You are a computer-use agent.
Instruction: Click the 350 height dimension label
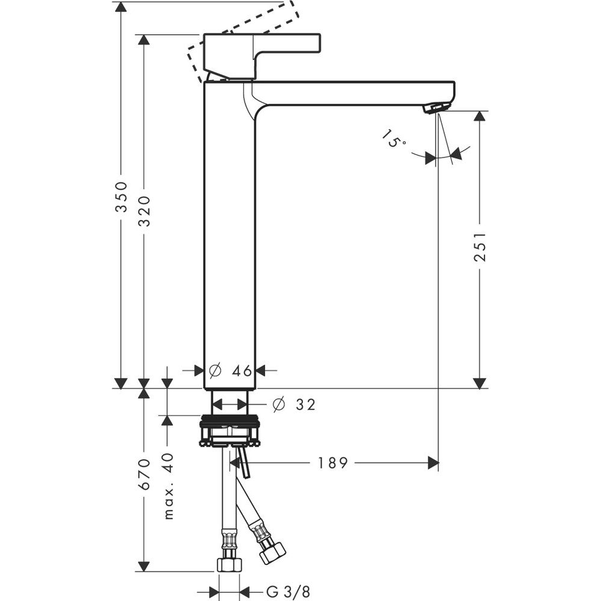pyautogui.click(x=122, y=197)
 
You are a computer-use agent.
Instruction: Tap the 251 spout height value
pyautogui.click(x=480, y=247)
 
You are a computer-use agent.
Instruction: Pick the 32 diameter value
pyautogui.click(x=305, y=404)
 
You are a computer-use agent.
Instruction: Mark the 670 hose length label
pyautogui.click(x=144, y=475)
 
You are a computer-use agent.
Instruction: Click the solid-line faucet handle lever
pyautogui.click(x=262, y=52)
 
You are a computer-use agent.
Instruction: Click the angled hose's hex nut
pyautogui.click(x=272, y=552)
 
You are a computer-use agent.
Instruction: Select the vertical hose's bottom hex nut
pyautogui.click(x=229, y=564)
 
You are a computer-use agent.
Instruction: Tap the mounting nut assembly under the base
pyautogui.click(x=229, y=432)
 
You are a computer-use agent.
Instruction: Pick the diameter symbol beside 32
pyautogui.click(x=277, y=404)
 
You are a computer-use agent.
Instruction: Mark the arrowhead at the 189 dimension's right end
pyautogui.click(x=432, y=463)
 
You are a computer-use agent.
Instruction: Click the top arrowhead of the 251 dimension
pyautogui.click(x=480, y=117)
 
